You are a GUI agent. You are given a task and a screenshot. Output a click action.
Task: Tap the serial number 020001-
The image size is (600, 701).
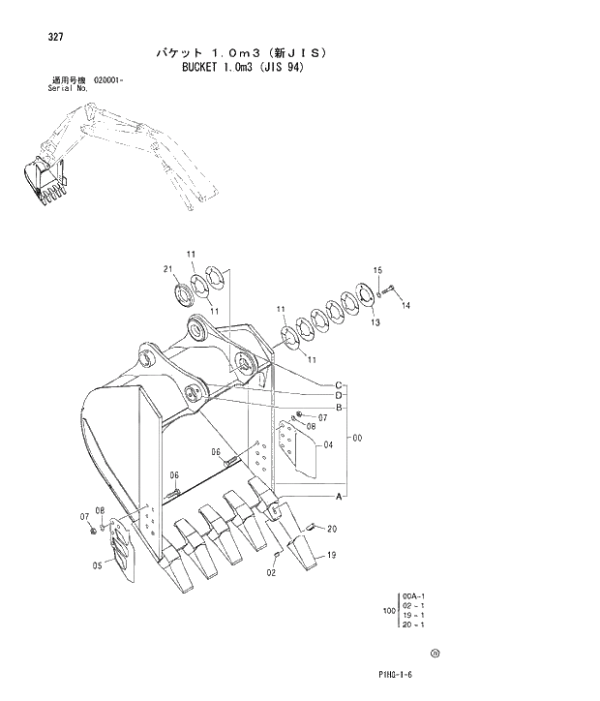point(109,80)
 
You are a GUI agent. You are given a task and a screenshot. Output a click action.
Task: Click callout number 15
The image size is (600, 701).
point(377,269)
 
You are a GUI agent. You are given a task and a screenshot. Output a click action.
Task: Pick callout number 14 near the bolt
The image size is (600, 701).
point(405,305)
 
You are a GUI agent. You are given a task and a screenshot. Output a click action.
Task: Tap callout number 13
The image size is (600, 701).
point(375,322)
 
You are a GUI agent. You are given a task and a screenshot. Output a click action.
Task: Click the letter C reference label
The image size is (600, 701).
point(340,384)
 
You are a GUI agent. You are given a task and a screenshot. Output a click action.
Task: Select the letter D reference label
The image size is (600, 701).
point(340,396)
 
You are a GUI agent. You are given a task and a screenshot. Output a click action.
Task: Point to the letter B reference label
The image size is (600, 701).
point(340,408)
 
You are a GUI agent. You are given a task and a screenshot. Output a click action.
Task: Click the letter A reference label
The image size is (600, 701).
point(340,497)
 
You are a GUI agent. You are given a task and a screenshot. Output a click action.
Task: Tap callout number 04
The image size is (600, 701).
point(328,445)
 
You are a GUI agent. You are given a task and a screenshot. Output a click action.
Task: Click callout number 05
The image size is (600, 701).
point(97,566)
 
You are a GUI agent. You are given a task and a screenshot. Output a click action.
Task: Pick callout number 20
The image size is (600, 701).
point(331,528)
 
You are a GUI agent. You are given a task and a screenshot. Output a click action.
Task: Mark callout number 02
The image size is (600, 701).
point(271,572)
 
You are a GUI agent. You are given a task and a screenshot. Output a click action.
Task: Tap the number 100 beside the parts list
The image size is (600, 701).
point(388,611)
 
